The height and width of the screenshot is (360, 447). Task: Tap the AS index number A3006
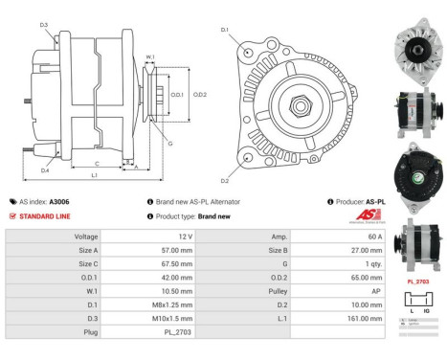58,202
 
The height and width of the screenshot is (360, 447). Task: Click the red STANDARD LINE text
47,216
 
